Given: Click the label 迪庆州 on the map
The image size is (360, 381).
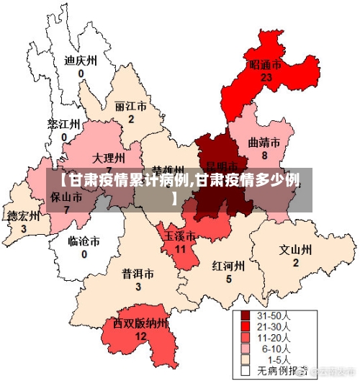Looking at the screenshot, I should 81,60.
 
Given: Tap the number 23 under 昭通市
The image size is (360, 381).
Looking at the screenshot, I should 266,77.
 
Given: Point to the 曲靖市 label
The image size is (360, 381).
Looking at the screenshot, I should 264,142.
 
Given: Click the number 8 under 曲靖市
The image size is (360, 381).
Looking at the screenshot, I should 264,155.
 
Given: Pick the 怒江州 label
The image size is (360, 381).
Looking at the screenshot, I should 63,124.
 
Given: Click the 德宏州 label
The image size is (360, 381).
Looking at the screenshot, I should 23,216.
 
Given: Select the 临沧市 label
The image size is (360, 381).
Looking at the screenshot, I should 84,241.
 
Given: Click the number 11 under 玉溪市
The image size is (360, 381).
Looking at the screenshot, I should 181,248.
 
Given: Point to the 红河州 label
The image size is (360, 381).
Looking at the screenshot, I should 228,266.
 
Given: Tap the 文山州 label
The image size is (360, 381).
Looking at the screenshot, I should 295,250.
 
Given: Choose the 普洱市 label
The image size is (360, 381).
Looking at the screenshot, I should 138,274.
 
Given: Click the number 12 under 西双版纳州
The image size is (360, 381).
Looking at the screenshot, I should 141,336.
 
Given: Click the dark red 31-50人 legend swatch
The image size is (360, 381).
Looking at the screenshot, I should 245,316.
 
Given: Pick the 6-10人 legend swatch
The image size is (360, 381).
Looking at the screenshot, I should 245,349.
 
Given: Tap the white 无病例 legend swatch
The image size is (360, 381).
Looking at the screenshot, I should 245,370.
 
